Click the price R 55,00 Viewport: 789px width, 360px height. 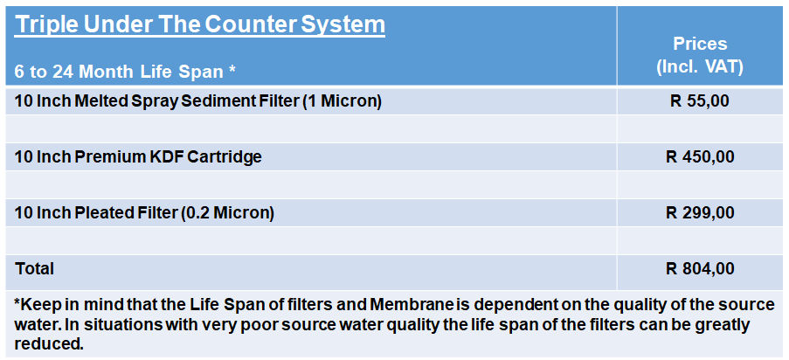pos(699,101)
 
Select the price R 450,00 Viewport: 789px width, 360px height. pos(700,157)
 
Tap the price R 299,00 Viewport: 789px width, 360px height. pos(700,213)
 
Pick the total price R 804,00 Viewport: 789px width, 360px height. pos(700,269)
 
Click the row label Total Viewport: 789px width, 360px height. pos(34,268)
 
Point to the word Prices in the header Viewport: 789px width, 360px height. pos(700,44)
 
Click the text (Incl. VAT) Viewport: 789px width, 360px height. pos(700,67)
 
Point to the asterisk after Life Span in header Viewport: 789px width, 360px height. pos(232,68)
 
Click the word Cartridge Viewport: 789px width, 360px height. pos(225,157)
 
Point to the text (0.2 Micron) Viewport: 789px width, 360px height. pos(227,213)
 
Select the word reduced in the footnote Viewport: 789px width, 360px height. pos(48,344)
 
